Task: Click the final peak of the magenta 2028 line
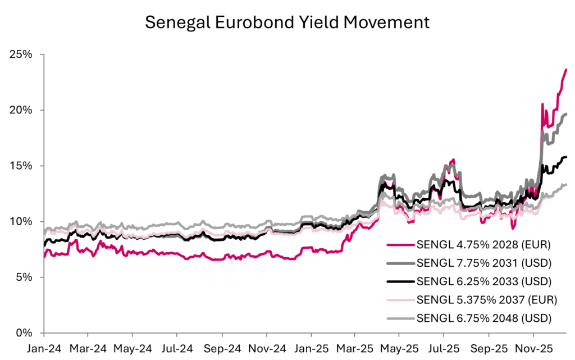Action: (566, 70)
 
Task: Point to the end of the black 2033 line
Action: (566, 157)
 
